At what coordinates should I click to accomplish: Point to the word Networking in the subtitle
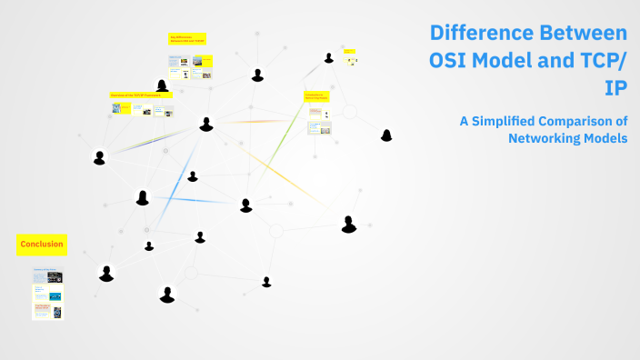545,137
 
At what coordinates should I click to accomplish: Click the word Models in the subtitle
606,137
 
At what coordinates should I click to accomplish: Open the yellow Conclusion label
41,244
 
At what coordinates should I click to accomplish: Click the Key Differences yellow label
187,39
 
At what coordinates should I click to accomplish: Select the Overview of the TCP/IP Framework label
142,95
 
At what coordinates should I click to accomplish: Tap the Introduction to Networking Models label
316,96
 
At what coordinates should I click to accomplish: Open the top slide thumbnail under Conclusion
47,275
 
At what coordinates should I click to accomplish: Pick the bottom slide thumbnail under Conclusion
47,310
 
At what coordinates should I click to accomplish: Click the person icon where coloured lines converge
206,124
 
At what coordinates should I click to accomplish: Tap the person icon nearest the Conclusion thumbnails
106,274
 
